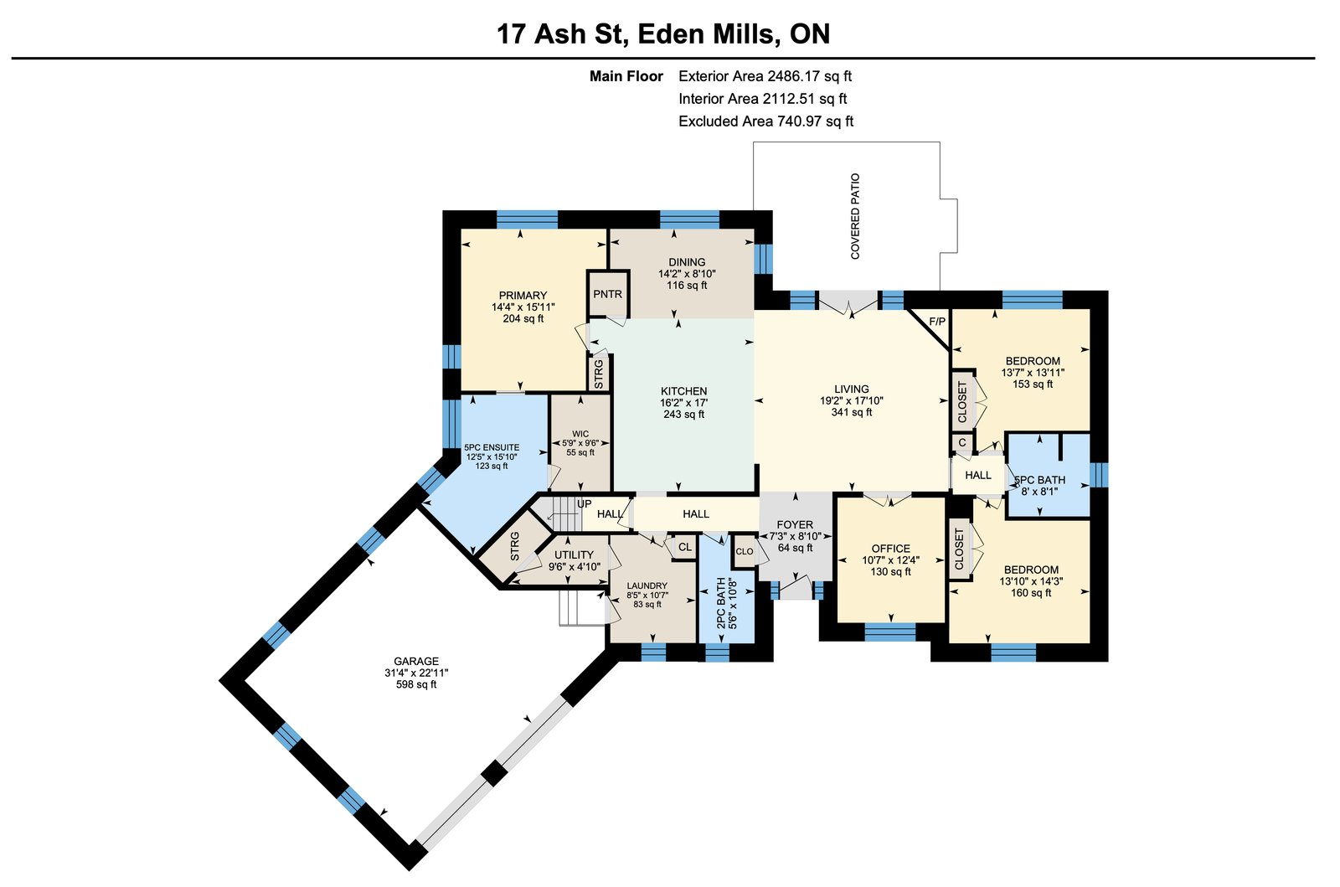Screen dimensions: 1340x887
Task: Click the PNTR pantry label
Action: pyautogui.click(x=608, y=294)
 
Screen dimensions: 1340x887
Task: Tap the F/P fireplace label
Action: pyautogui.click(x=937, y=322)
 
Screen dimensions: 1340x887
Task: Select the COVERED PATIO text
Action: pyautogui.click(x=855, y=217)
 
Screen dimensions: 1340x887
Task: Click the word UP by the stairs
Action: pyautogui.click(x=584, y=504)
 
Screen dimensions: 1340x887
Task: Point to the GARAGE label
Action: pyautogui.click(x=416, y=661)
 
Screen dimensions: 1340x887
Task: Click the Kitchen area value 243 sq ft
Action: pyautogui.click(x=683, y=414)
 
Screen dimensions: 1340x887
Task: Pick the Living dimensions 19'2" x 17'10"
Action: pyautogui.click(x=852, y=400)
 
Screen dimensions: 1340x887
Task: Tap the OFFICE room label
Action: pyautogui.click(x=891, y=549)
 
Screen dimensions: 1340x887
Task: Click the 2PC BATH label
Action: pyautogui.click(x=721, y=603)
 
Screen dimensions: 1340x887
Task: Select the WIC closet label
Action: pyautogui.click(x=580, y=434)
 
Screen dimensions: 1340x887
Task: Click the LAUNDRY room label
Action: pyautogui.click(x=647, y=585)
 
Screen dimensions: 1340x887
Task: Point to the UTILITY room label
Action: pyautogui.click(x=575, y=555)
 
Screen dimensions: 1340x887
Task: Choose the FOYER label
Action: pyautogui.click(x=795, y=524)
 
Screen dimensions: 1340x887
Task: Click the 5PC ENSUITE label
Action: pyautogui.click(x=492, y=447)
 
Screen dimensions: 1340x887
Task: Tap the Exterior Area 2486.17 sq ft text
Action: pyautogui.click(x=765, y=76)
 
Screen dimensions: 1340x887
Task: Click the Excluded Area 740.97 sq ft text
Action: pyautogui.click(x=765, y=121)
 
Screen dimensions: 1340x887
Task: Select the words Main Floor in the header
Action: pyautogui.click(x=626, y=76)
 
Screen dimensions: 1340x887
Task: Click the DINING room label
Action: pyautogui.click(x=687, y=262)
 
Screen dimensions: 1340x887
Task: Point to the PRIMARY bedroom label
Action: pyautogui.click(x=523, y=296)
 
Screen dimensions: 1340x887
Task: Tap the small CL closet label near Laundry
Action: pyautogui.click(x=685, y=547)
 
